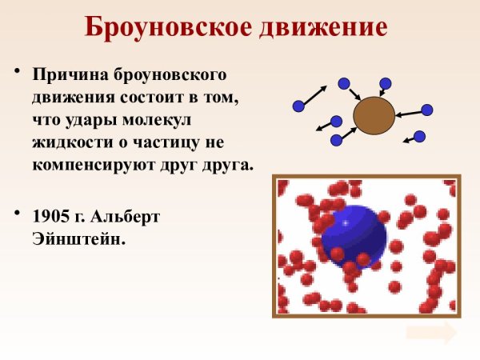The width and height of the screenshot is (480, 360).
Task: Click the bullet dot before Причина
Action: (x=16, y=73)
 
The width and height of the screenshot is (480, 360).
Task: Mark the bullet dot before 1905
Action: (x=16, y=214)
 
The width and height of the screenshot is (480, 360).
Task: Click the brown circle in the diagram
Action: (x=374, y=116)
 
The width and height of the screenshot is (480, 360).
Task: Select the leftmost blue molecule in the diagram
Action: (x=298, y=106)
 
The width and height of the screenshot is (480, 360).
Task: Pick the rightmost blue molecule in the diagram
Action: (x=427, y=110)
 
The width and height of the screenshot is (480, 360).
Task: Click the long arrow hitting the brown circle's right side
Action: (x=410, y=114)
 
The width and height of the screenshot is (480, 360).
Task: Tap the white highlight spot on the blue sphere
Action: (x=346, y=223)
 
